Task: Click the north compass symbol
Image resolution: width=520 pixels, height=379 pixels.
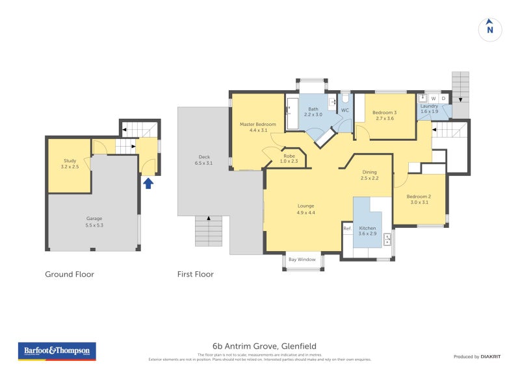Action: pyautogui.click(x=490, y=29)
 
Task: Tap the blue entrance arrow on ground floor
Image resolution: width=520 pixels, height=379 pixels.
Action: pyautogui.click(x=148, y=183)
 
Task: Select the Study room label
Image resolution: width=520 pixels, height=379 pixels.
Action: pyautogui.click(x=70, y=164)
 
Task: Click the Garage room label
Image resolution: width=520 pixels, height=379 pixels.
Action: pyautogui.click(x=94, y=222)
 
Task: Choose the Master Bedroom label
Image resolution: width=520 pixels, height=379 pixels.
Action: pyautogui.click(x=258, y=127)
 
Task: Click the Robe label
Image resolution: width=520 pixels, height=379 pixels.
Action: pyautogui.click(x=289, y=158)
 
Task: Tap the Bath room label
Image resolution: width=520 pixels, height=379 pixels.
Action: pyautogui.click(x=313, y=112)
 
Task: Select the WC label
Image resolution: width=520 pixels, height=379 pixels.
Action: pyautogui.click(x=344, y=110)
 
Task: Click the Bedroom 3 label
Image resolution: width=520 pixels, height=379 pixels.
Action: pyautogui.click(x=385, y=116)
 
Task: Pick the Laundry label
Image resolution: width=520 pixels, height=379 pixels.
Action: pyautogui.click(x=429, y=108)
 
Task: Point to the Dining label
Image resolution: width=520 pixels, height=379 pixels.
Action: pyautogui.click(x=369, y=175)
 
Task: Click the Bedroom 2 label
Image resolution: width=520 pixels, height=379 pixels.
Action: pyautogui.click(x=419, y=199)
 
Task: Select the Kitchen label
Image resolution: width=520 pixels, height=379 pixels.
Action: pyautogui.click(x=367, y=230)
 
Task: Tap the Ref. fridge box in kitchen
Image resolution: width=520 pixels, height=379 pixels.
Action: pyautogui.click(x=347, y=228)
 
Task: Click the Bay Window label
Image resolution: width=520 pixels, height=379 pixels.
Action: pyautogui.click(x=302, y=260)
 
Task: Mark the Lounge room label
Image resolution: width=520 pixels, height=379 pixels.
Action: pyautogui.click(x=305, y=209)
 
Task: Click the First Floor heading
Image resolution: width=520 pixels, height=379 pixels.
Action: pyautogui.click(x=195, y=275)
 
